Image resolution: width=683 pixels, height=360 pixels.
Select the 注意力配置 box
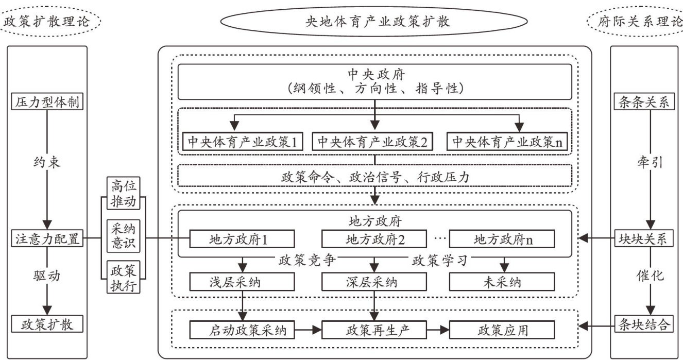pyautogui.click(x=47, y=239)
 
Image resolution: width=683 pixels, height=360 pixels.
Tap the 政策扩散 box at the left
pyautogui.click(x=47, y=324)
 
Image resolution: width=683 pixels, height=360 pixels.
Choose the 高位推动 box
pyautogui.click(x=123, y=193)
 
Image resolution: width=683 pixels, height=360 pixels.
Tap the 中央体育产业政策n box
pyautogui.click(x=507, y=141)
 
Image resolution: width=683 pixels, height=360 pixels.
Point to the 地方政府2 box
pyautogui.click(x=375, y=239)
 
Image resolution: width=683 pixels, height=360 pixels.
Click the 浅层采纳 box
pyautogui.click(x=242, y=282)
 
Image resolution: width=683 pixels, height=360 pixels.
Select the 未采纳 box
pyautogui.click(x=502, y=282)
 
